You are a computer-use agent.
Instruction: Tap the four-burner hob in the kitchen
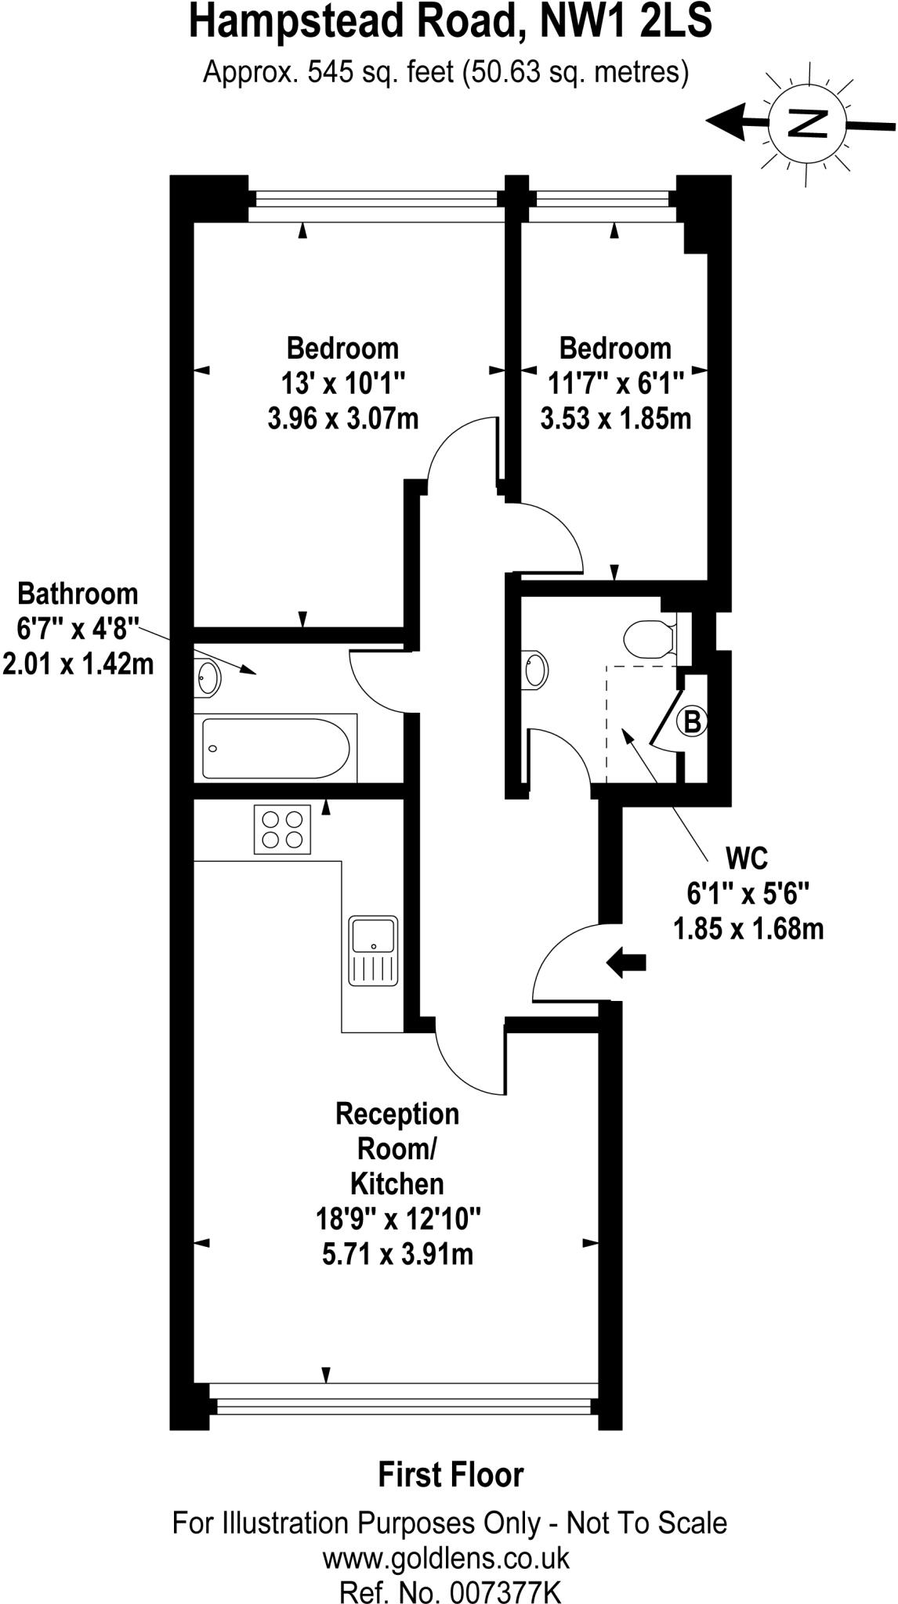[282, 829]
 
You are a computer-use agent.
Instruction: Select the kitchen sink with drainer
[374, 950]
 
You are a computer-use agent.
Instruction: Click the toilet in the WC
[650, 638]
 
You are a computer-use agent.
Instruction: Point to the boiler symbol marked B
[693, 721]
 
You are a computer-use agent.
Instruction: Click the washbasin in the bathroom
[208, 677]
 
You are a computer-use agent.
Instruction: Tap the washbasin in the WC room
[536, 670]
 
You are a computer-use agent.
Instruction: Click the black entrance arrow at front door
[626, 962]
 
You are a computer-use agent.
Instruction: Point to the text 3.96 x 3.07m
[343, 418]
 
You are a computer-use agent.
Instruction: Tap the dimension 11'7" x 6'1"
[616, 384]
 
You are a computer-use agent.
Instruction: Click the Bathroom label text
[78, 594]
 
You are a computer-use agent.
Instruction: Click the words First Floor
[451, 1475]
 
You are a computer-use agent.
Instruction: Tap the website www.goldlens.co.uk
[447, 1537]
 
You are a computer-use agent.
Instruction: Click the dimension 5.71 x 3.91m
[397, 1254]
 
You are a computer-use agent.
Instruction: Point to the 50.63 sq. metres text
[576, 73]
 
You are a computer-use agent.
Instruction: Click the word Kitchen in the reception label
[396, 1183]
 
